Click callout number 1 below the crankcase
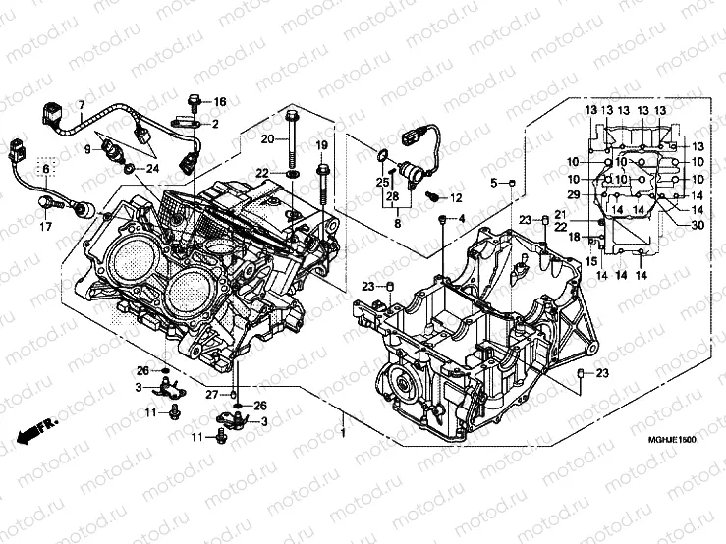point(343,433)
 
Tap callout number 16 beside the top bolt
point(220,102)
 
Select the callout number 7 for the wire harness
point(82,106)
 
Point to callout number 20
point(267,139)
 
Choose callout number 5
point(494,184)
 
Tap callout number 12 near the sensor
point(456,198)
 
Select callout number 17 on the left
point(44,228)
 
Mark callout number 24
point(153,168)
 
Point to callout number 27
point(210,395)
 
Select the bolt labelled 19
point(322,182)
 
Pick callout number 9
point(86,148)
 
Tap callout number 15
point(591,261)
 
